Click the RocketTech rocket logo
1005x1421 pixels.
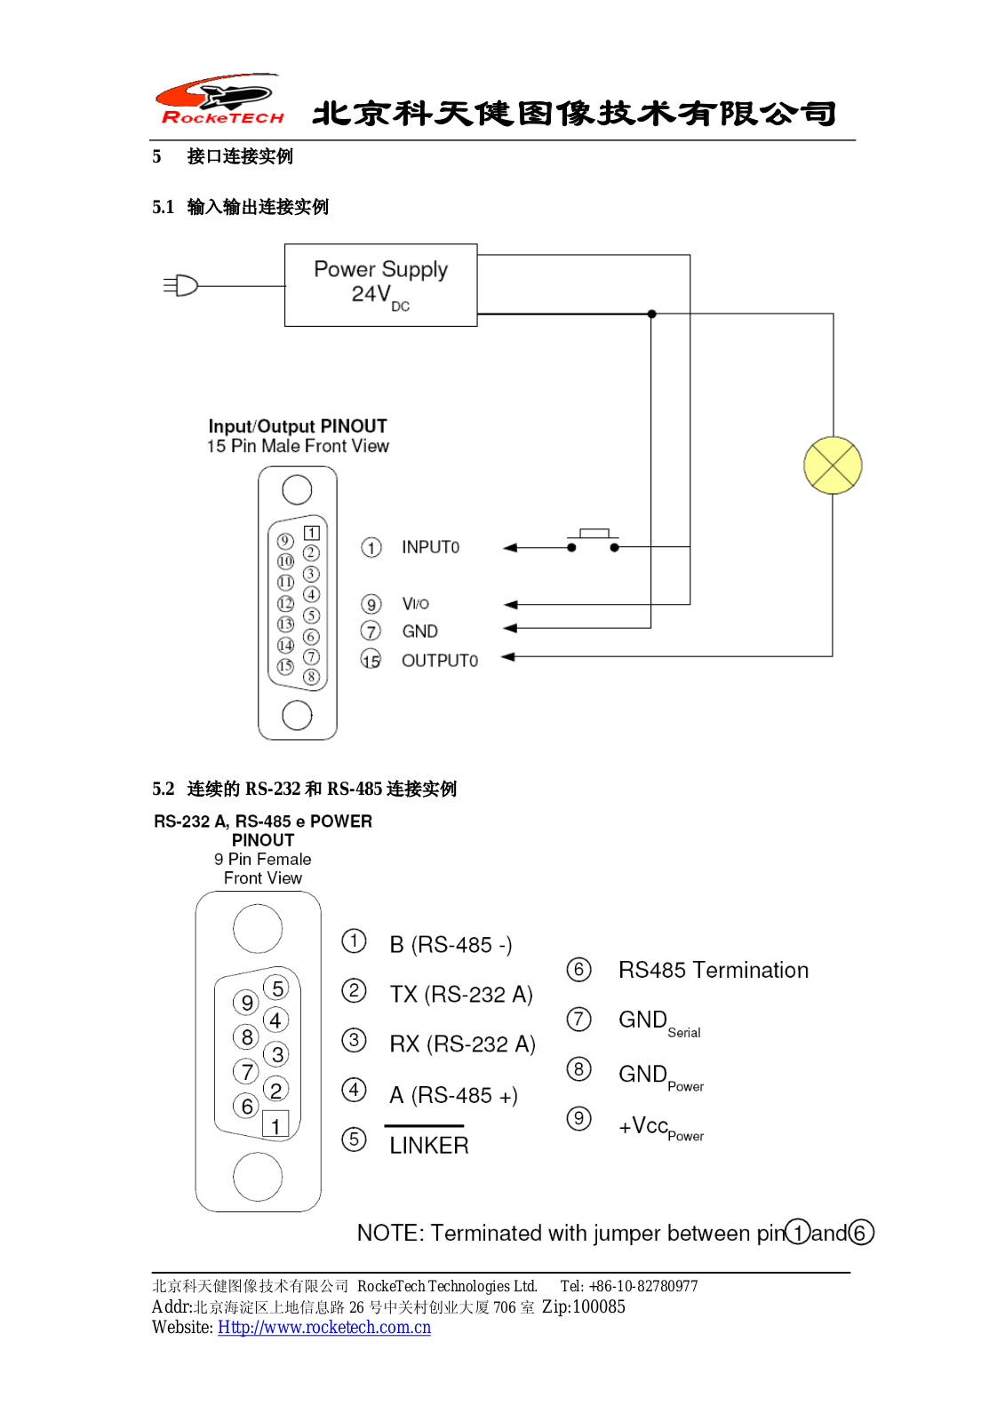coord(219,99)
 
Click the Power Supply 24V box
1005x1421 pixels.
coord(380,285)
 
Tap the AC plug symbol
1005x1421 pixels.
coord(180,285)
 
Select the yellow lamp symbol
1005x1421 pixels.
coord(833,465)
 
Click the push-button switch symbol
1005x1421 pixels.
coord(593,540)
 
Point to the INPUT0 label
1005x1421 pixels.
coord(430,547)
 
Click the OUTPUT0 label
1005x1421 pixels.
coord(439,661)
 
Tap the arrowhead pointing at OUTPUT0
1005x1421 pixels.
coord(508,656)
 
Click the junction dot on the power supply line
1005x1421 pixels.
coord(651,314)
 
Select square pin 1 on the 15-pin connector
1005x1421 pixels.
coord(311,533)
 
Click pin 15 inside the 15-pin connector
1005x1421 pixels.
coord(285,666)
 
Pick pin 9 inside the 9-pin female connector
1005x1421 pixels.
coord(247,1003)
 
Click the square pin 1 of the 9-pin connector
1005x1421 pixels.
coord(275,1125)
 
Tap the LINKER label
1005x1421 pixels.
coord(428,1145)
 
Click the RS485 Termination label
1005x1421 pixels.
coord(714,970)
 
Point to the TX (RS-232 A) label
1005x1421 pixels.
coord(461,994)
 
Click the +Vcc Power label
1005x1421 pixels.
coord(661,1128)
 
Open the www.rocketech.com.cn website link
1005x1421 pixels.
coord(323,1327)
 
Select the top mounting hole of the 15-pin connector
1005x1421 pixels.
coord(297,489)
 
